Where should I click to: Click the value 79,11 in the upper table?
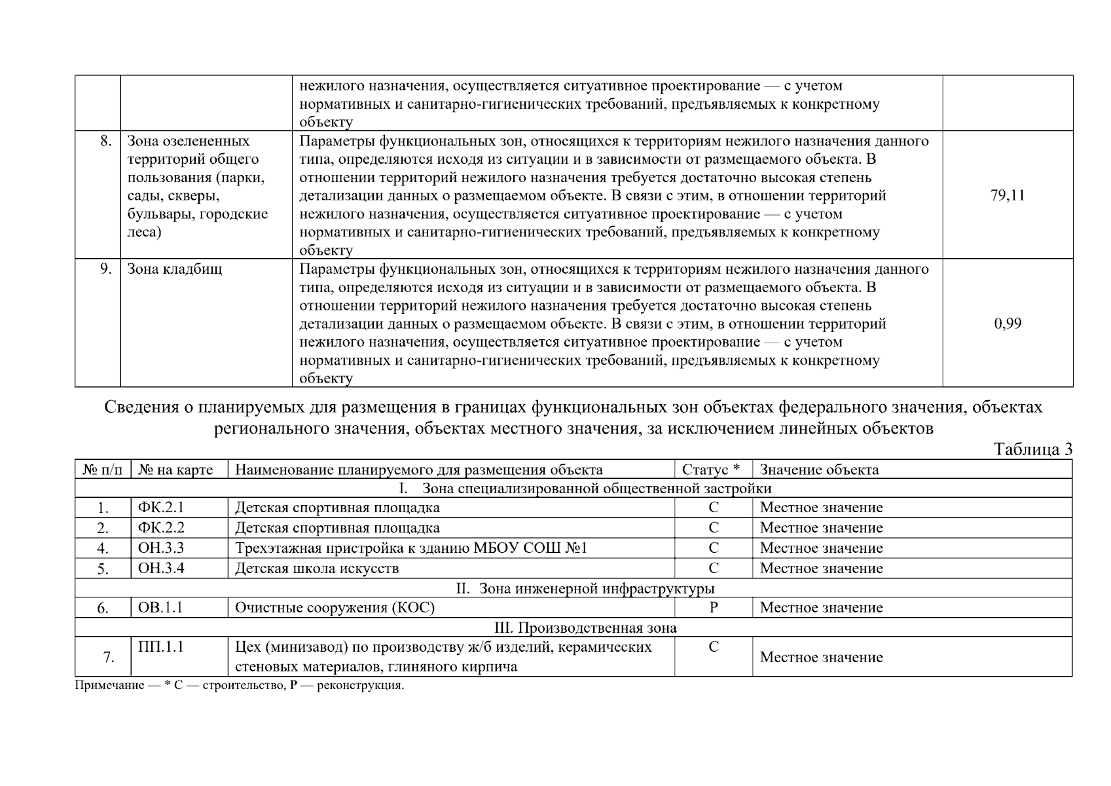click(x=1007, y=195)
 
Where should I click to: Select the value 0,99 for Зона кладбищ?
click(x=1007, y=324)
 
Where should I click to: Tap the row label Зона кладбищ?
click(x=174, y=269)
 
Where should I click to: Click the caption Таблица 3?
click(x=1032, y=449)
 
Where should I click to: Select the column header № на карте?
click(x=175, y=470)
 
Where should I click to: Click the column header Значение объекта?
click(x=818, y=470)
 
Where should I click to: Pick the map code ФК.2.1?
click(x=161, y=508)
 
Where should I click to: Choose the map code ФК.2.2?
click(x=161, y=528)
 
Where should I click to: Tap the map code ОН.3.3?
click(x=161, y=548)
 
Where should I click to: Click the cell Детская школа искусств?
click(x=317, y=569)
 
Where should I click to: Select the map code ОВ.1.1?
click(x=160, y=608)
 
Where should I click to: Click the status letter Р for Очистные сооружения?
click(x=713, y=608)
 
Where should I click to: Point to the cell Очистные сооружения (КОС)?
click(x=335, y=608)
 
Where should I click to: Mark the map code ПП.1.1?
click(x=161, y=647)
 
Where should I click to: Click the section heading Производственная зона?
click(x=585, y=628)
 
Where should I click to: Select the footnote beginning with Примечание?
click(x=240, y=686)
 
